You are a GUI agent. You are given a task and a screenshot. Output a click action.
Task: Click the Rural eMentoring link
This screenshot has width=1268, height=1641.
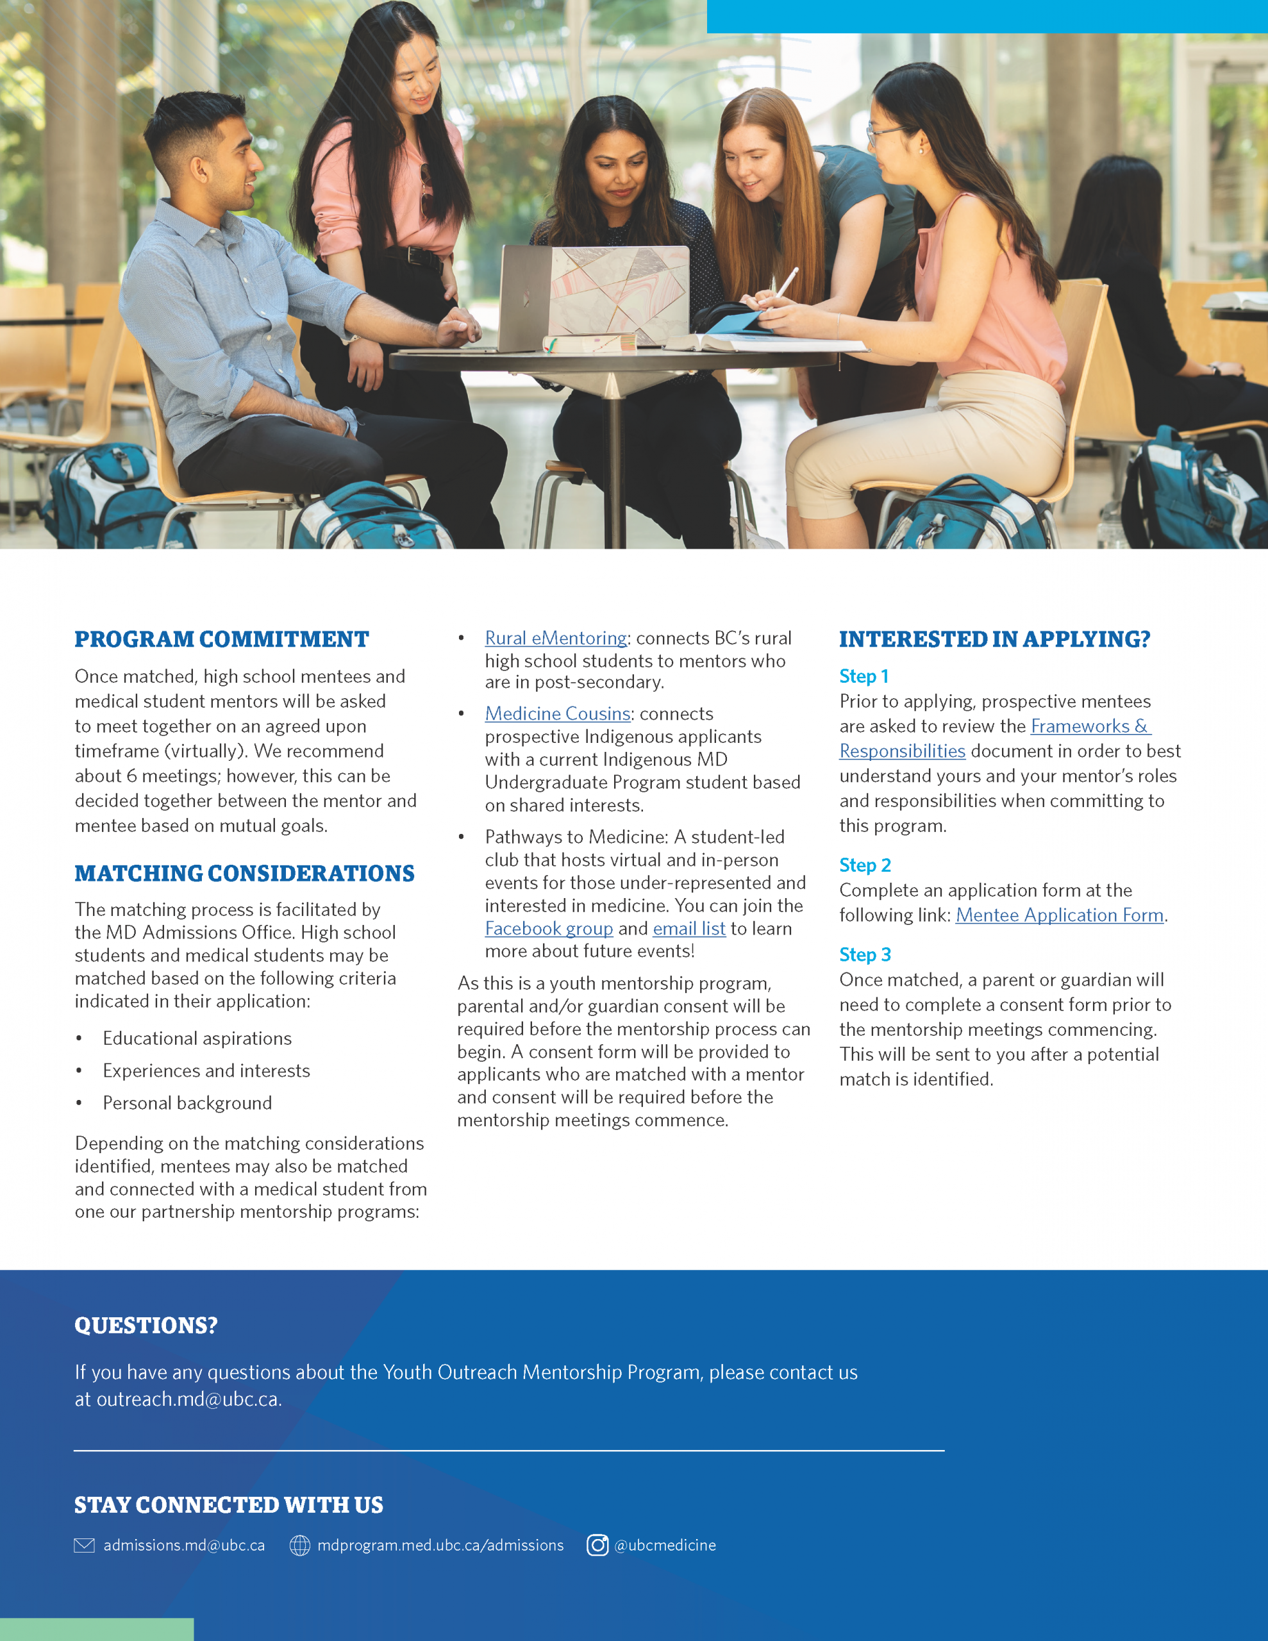pyautogui.click(x=555, y=638)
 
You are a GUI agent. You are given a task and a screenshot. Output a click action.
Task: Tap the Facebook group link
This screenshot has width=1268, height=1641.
pyautogui.click(x=549, y=929)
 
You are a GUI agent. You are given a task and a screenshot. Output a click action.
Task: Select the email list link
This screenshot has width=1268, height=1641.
pyautogui.click(x=688, y=929)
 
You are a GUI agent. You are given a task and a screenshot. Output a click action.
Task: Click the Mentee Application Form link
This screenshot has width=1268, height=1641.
pyautogui.click(x=1059, y=915)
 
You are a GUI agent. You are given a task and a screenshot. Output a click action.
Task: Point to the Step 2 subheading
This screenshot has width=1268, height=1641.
pyautogui.click(x=864, y=865)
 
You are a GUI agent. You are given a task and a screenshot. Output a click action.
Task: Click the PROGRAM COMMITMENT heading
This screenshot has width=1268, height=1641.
pyautogui.click(x=222, y=640)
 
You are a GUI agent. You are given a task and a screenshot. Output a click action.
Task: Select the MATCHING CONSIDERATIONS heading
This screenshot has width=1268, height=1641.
pyautogui.click(x=244, y=874)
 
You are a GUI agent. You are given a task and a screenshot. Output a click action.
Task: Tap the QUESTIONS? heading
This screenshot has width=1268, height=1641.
pyautogui.click(x=146, y=1326)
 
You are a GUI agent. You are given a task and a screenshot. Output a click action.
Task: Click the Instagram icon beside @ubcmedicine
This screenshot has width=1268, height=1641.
pyautogui.click(x=597, y=1545)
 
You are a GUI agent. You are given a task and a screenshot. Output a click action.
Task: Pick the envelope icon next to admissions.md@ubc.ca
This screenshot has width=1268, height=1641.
pyautogui.click(x=84, y=1545)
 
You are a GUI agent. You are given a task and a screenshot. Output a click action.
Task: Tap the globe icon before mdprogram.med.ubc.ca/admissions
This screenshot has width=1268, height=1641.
pyautogui.click(x=300, y=1545)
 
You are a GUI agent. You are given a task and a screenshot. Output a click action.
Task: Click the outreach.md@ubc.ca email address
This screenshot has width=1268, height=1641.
pyautogui.click(x=188, y=1399)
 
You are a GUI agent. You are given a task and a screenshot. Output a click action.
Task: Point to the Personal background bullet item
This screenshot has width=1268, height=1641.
pyautogui.click(x=187, y=1103)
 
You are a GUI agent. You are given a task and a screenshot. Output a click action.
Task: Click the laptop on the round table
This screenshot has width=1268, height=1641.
pyautogui.click(x=594, y=297)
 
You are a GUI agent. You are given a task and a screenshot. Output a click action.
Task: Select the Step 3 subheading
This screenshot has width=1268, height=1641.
pyautogui.click(x=864, y=955)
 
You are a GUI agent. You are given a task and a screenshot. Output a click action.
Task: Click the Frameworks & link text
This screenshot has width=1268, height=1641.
pyautogui.click(x=1090, y=726)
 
